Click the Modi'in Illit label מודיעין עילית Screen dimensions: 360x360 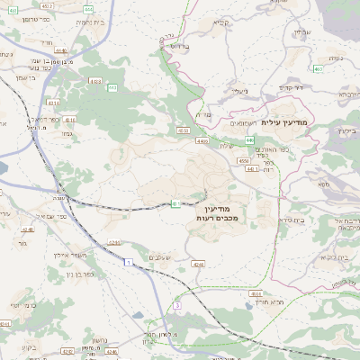(287, 121)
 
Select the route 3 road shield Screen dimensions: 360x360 (177, 306)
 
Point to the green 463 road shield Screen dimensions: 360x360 (318, 68)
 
